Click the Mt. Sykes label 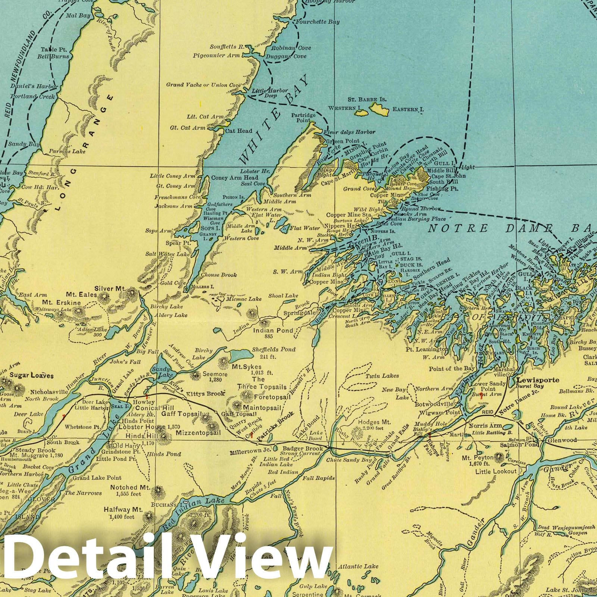[252, 367]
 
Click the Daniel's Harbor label [34, 87]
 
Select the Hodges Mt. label [374, 422]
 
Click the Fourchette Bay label [317, 22]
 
